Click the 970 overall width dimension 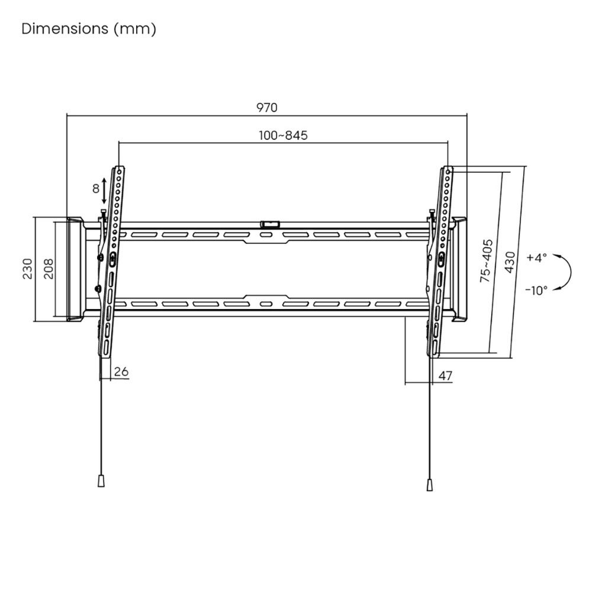[266, 107]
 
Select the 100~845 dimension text [283, 136]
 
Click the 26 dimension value [121, 372]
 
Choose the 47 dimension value [445, 375]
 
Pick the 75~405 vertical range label [486, 260]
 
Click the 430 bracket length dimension [509, 260]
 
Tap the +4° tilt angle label [536, 258]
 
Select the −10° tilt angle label [536, 289]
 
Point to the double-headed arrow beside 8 [105, 190]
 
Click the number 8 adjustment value [95, 189]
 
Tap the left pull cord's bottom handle [101, 480]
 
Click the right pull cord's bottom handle [429, 484]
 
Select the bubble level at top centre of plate [270, 224]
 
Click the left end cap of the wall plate [75, 269]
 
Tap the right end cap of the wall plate [459, 269]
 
